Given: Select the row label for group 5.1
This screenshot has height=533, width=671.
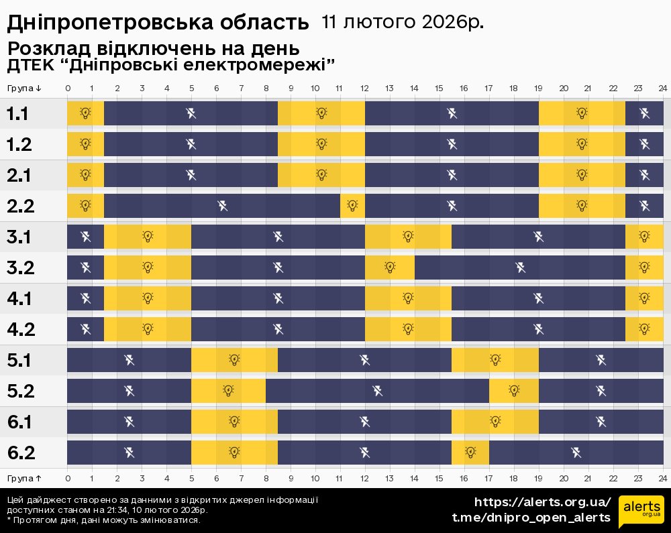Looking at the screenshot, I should click(20, 361).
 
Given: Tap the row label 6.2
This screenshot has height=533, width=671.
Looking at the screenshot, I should click(21, 453).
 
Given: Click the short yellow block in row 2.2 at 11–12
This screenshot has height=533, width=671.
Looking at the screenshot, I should click(352, 205).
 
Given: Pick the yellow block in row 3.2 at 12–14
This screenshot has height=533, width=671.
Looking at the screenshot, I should click(390, 268).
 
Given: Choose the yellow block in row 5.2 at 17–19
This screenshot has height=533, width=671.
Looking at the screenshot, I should click(514, 390).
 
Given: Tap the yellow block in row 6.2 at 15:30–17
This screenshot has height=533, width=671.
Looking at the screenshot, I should click(470, 452).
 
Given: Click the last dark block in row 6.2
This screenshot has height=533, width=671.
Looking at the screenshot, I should click(576, 452).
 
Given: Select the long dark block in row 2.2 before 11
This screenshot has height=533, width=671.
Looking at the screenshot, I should click(222, 205).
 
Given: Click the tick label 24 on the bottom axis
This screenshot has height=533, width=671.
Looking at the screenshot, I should click(662, 478).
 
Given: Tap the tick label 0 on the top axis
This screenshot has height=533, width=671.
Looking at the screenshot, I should click(68, 88).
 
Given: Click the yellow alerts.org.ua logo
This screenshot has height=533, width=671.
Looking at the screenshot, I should click(640, 512).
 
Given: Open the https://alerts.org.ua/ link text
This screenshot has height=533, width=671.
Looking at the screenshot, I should click(542, 502).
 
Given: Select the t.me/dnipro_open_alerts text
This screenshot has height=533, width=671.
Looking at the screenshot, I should click(531, 518).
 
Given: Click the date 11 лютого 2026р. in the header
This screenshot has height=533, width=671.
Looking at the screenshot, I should click(402, 21).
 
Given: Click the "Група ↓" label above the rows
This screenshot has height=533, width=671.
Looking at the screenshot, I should click(25, 88).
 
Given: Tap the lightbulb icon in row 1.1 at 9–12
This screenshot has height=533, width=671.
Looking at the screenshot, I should click(321, 113).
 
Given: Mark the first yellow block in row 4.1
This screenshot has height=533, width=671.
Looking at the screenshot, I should click(148, 298).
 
